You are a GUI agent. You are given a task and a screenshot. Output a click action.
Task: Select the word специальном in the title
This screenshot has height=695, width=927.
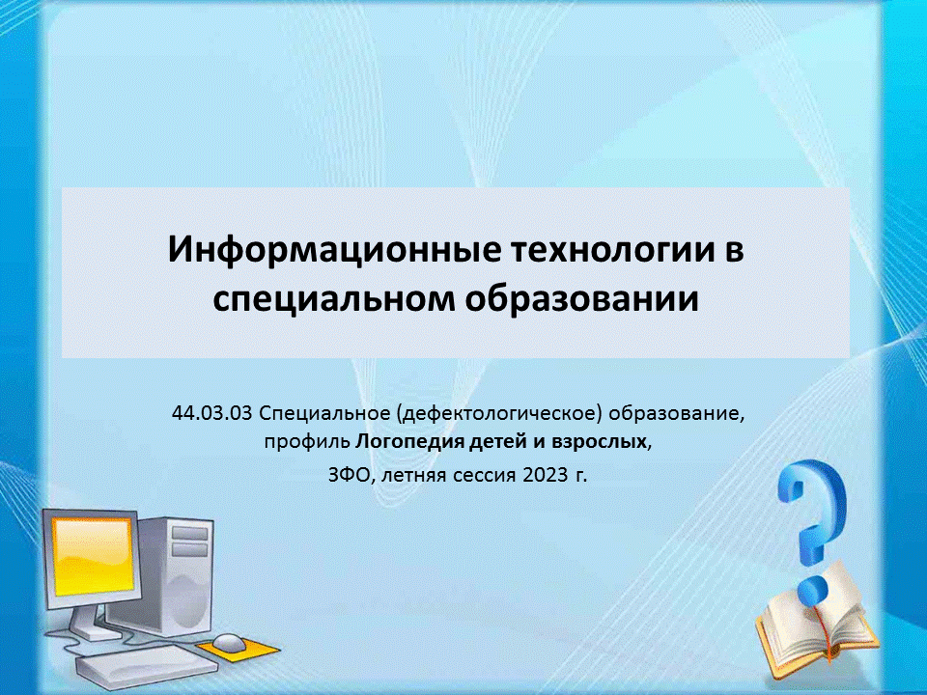pos(334,299)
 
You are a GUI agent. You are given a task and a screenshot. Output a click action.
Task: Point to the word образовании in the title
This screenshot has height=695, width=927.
pos(581,299)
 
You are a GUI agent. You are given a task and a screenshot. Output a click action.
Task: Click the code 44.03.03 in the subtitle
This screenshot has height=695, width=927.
pos(212,413)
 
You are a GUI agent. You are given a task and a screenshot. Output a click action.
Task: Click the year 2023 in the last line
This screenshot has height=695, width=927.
pos(545,475)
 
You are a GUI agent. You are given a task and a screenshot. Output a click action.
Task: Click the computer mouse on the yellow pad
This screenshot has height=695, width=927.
pos(228,643)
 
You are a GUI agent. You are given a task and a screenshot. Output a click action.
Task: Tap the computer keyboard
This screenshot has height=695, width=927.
pos(146,665)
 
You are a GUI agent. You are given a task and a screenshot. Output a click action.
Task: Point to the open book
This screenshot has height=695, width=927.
pos(817,626)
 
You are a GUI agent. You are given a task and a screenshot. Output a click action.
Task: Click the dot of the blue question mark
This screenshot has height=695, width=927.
pos(813,590)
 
